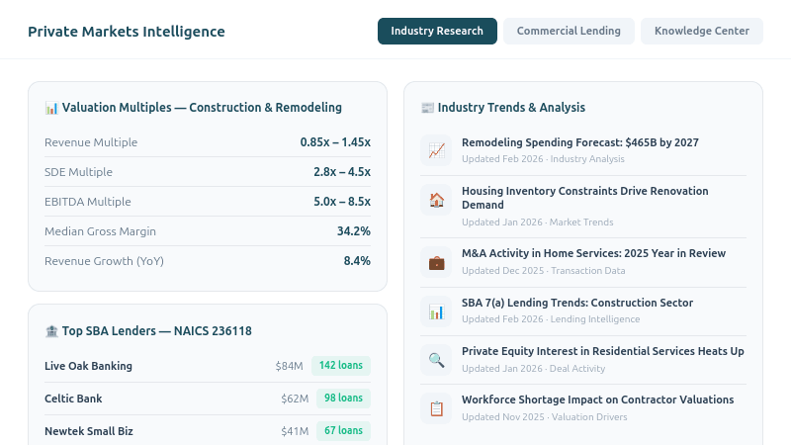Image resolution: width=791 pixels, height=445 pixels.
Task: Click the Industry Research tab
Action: click(436, 31)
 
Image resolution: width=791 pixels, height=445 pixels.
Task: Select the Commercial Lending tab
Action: click(569, 31)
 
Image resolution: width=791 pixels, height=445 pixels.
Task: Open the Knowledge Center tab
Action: click(702, 31)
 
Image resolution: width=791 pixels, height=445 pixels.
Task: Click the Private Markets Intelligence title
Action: click(127, 32)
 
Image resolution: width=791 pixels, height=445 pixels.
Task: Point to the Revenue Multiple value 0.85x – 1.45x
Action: click(335, 142)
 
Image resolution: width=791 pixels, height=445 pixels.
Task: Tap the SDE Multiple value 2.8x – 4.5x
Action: click(341, 172)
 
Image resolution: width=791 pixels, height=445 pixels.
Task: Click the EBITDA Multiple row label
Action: click(88, 202)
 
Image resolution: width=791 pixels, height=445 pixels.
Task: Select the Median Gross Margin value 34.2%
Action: click(353, 231)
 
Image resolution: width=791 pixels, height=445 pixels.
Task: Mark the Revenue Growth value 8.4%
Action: click(356, 261)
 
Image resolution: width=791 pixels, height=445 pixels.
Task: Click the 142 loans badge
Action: click(341, 366)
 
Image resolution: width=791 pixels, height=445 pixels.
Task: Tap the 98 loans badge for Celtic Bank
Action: click(343, 399)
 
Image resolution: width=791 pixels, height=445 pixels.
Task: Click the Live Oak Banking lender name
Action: click(88, 366)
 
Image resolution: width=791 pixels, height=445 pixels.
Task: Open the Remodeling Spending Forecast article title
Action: click(579, 142)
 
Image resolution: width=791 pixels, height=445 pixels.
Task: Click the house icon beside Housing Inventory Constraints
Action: click(436, 200)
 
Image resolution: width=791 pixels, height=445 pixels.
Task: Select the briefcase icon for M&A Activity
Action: click(436, 263)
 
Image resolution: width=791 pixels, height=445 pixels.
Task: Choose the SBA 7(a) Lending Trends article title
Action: click(577, 303)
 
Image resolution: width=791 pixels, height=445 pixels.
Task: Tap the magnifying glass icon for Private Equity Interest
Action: click(436, 360)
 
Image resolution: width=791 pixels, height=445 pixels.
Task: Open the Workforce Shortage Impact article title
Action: click(597, 400)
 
